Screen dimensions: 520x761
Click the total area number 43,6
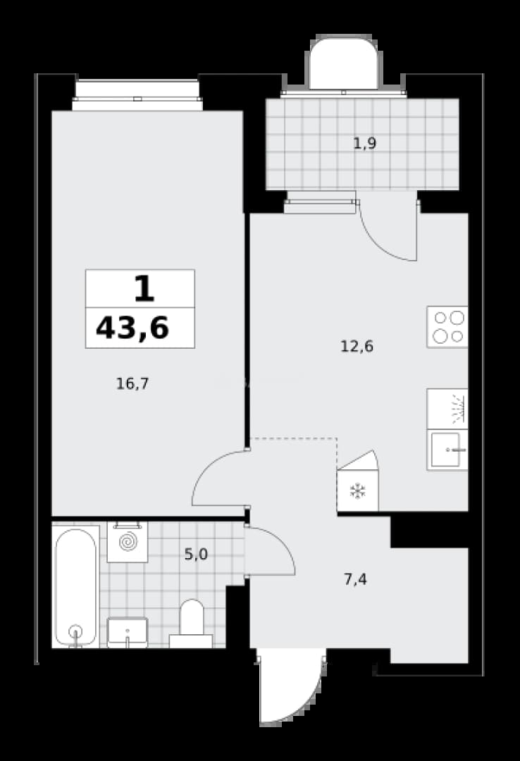132,328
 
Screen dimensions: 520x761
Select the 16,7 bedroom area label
132,384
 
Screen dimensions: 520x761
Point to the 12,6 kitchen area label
357,347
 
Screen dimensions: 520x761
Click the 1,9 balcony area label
364,143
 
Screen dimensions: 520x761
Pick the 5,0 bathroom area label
196,554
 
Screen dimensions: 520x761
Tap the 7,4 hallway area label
355,579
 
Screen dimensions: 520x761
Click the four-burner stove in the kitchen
447,327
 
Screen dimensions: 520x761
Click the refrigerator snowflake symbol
358,490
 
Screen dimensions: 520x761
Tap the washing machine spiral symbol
128,542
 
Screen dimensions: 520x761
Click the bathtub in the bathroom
75,587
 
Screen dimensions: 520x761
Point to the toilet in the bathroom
191,624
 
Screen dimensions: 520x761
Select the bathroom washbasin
128,632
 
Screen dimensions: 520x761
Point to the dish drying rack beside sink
447,409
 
